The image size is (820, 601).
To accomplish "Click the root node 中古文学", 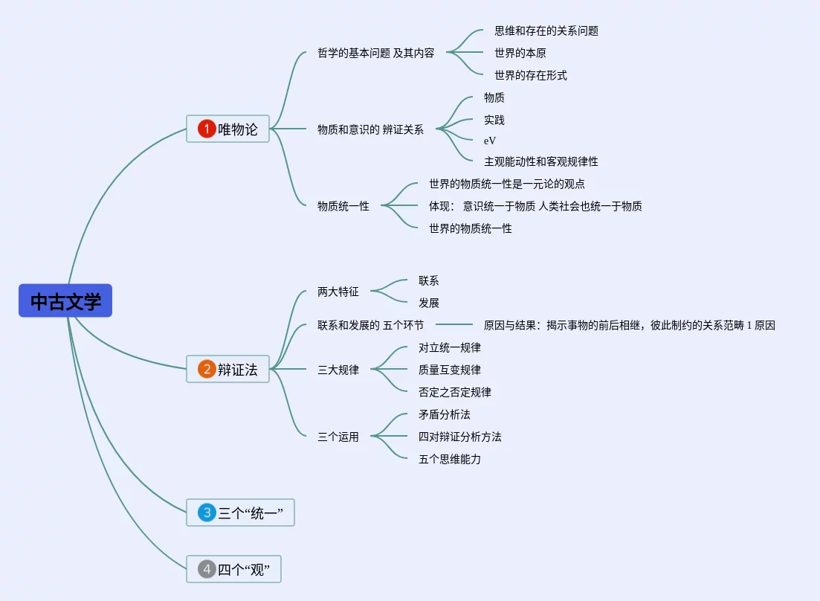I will [x=65, y=301].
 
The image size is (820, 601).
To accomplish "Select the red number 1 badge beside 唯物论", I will [x=206, y=129].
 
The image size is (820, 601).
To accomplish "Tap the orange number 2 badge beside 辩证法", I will [x=206, y=369].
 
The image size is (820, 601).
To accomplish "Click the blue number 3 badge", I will [x=206, y=512].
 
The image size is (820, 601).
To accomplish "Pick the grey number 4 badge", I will [x=206, y=570].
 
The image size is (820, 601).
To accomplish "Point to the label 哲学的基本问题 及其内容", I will [x=375, y=53].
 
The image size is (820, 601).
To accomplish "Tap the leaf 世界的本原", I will [x=520, y=53].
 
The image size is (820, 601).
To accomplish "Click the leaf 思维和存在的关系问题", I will [x=546, y=30].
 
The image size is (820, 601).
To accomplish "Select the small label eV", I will [x=490, y=140].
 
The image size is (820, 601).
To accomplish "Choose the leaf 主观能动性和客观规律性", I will [x=540, y=161].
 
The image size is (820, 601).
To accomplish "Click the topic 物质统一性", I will [x=343, y=206].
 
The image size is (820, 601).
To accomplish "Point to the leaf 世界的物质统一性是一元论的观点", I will [x=506, y=184].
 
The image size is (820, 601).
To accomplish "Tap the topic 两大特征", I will [x=338, y=292].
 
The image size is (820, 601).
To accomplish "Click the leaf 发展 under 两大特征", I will [x=429, y=303].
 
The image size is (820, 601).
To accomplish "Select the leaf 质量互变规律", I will [x=449, y=370].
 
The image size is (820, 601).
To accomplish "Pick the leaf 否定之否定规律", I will [x=454, y=392].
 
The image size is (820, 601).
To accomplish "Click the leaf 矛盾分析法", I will [x=444, y=414].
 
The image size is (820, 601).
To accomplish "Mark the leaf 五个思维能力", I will [x=449, y=459].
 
